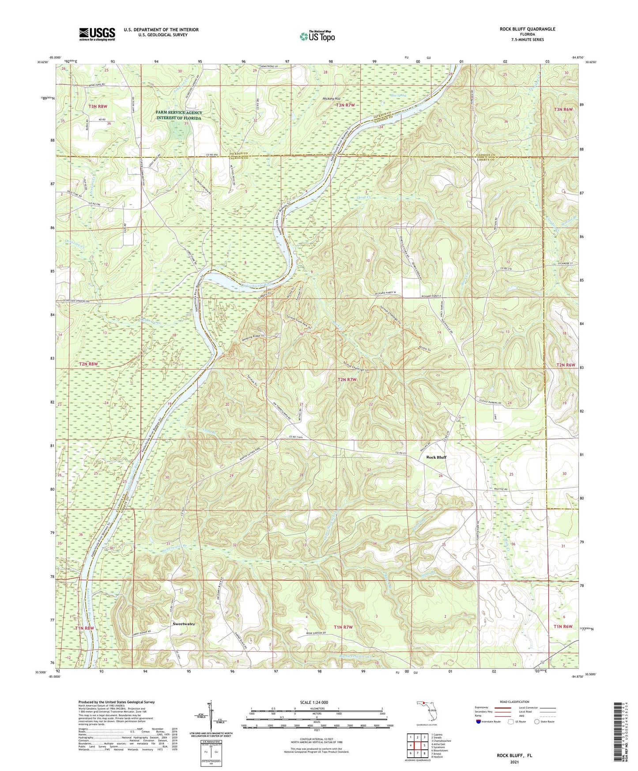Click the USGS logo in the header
coord(97,34)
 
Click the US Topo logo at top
coord(317,36)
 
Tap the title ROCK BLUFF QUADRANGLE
coord(527,29)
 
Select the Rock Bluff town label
coord(436,457)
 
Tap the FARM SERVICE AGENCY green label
coord(178,115)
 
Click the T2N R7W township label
coord(347,379)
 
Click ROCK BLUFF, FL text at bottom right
coord(514,755)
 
